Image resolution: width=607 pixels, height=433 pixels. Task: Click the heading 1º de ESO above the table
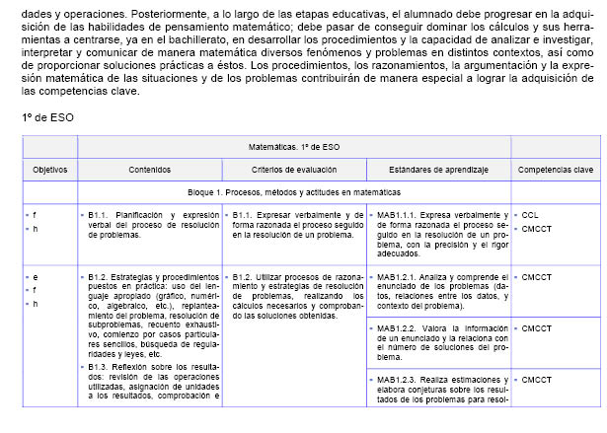(47, 116)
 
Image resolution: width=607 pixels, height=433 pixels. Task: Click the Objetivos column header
(49, 170)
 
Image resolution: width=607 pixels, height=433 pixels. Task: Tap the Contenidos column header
(149, 170)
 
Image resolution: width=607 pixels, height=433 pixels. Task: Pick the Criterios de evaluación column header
(294, 170)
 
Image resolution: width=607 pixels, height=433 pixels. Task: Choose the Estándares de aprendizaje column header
(438, 170)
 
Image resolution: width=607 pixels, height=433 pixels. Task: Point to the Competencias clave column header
(557, 170)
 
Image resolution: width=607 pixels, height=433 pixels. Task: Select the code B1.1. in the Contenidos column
(98, 214)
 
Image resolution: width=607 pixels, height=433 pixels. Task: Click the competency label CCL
(530, 214)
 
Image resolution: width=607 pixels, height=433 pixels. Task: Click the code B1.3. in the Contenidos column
(98, 366)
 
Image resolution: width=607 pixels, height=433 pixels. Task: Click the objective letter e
(36, 277)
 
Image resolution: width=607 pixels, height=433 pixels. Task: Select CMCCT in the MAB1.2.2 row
(537, 327)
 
